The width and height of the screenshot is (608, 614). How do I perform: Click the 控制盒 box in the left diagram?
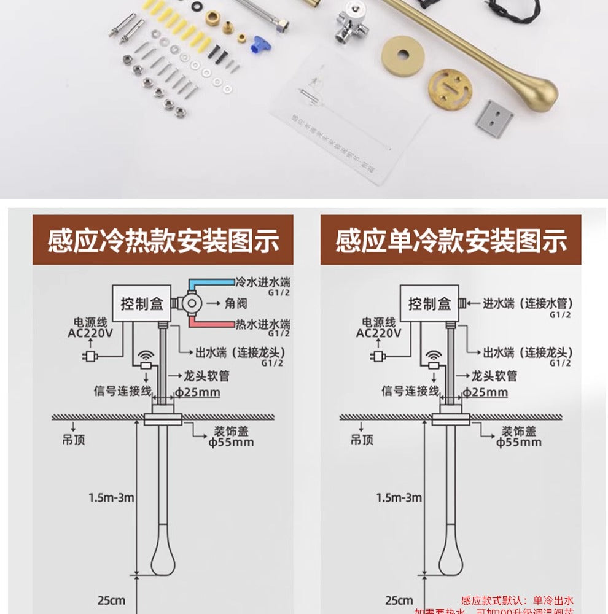(140, 303)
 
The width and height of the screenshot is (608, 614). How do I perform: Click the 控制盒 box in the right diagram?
(429, 303)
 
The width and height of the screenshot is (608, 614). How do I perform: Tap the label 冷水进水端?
(263, 283)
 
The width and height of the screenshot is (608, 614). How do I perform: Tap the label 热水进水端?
(263, 324)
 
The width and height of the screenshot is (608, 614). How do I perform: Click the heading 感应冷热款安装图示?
(163, 241)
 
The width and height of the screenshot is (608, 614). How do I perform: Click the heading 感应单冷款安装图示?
(451, 241)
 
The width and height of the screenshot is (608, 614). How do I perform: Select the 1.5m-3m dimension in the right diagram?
(399, 497)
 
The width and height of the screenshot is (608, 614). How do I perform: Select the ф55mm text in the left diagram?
(231, 442)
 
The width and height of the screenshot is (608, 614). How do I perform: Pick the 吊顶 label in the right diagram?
(362, 439)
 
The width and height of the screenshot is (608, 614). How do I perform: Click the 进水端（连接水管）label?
(528, 303)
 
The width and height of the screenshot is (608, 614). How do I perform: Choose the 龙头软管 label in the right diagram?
(494, 376)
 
